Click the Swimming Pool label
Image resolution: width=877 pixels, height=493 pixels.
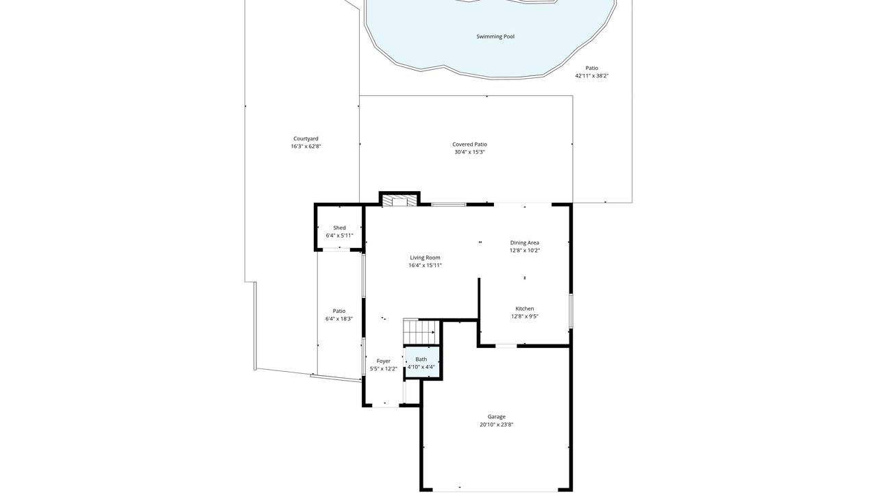(x=495, y=36)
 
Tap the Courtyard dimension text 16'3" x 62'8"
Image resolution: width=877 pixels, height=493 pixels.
(x=306, y=147)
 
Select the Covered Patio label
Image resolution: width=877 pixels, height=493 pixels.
(x=469, y=144)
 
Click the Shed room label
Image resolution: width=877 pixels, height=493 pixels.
(x=339, y=228)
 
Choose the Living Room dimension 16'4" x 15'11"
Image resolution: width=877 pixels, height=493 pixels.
(x=425, y=265)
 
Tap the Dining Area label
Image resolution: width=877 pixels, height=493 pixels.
(x=525, y=242)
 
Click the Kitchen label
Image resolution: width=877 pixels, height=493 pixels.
(x=525, y=309)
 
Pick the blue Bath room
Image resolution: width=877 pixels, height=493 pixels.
(x=421, y=362)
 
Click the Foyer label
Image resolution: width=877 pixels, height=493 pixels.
(x=384, y=361)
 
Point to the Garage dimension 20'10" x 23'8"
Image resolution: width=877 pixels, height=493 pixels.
(x=497, y=425)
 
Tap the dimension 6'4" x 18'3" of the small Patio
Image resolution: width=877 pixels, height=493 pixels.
(x=339, y=319)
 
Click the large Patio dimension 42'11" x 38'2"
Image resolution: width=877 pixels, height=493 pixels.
(x=591, y=76)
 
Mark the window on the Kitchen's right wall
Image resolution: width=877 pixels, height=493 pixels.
(x=571, y=311)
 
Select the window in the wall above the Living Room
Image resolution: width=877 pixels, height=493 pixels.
(x=449, y=204)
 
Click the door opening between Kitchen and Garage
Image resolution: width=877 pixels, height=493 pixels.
(x=506, y=346)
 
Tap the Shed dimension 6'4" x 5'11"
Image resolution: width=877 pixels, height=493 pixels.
(x=339, y=236)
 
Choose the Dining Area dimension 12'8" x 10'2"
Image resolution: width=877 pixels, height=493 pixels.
(x=525, y=251)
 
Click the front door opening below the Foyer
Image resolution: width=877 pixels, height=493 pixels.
(x=385, y=405)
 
